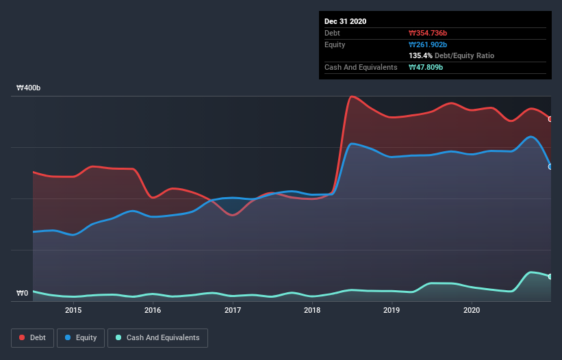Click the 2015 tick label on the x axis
(x=73, y=310)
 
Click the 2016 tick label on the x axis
(x=153, y=310)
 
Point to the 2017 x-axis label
(x=233, y=310)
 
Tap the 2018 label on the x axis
(x=312, y=310)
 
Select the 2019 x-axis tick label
(x=392, y=310)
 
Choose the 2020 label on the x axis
(x=472, y=310)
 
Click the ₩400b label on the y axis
(x=29, y=88)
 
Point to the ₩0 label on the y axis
(x=23, y=293)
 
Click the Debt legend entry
(x=33, y=337)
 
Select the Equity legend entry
(x=81, y=337)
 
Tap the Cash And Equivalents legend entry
(x=157, y=337)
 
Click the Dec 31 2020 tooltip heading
(x=345, y=21)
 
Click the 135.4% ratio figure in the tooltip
(x=420, y=55)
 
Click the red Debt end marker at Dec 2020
(x=550, y=119)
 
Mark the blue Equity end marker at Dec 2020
(x=550, y=166)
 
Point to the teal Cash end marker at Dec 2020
(x=550, y=277)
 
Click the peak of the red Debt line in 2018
(x=352, y=97)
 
